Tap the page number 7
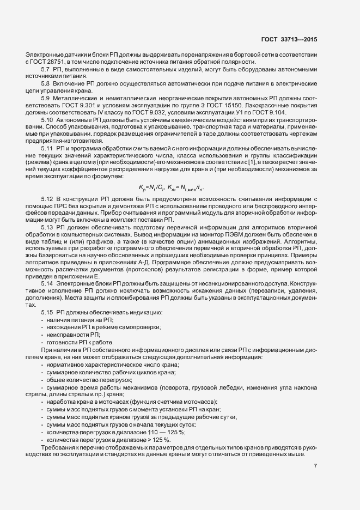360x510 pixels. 316,465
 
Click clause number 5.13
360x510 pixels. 47,227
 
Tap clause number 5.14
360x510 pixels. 47,284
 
